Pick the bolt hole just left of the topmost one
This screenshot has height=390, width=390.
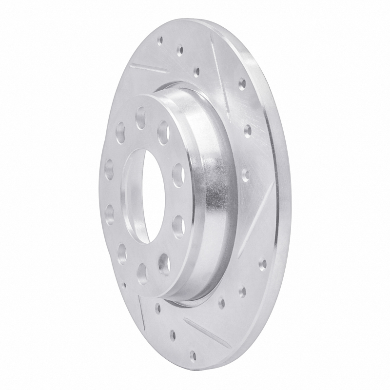[120, 133]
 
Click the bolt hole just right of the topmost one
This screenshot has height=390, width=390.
[163, 132]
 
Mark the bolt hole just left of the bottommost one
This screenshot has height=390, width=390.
[121, 252]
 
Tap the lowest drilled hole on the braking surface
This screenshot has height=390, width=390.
[194, 355]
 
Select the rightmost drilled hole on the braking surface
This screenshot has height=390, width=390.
[263, 264]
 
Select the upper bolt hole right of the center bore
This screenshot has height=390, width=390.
[178, 173]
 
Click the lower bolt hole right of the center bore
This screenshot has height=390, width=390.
[178, 225]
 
